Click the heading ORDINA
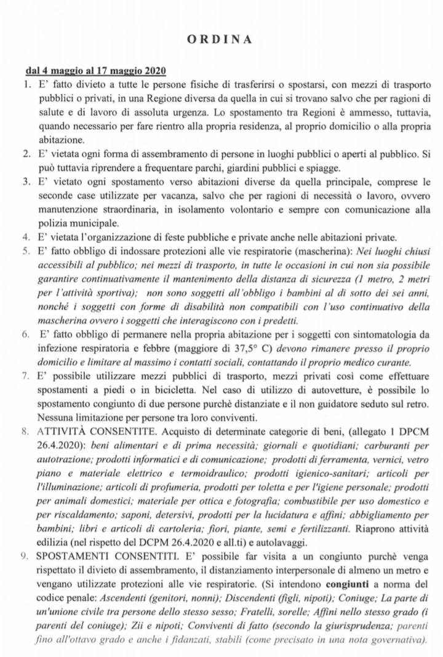coord(221,39)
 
